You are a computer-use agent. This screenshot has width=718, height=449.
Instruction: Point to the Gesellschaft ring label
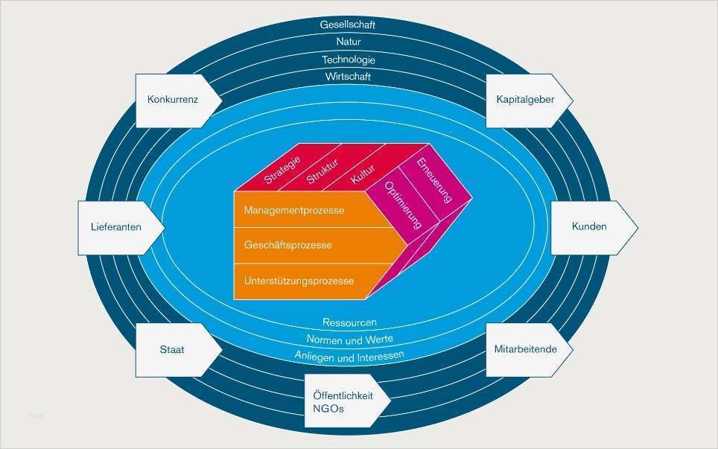pyautogui.click(x=348, y=25)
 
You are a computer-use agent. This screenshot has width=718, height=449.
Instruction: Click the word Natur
pyautogui.click(x=349, y=42)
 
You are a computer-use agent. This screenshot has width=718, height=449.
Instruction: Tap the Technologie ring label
pyautogui.click(x=349, y=60)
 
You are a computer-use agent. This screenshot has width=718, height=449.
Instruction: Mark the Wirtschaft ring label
pyautogui.click(x=349, y=77)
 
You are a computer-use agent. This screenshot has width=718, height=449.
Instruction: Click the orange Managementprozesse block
pyautogui.click(x=298, y=211)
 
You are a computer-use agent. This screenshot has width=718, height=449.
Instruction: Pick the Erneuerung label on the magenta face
pyautogui.click(x=434, y=180)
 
